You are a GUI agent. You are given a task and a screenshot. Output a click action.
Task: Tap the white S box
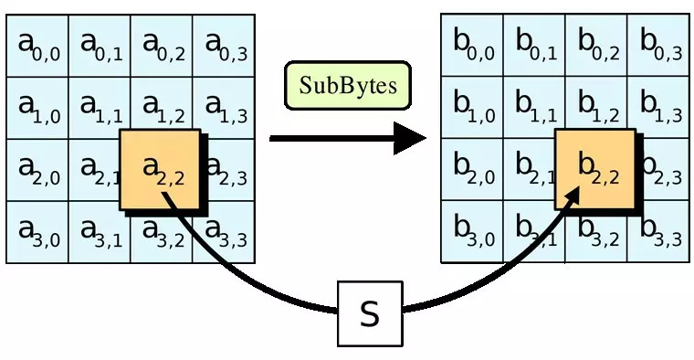pos(369,313)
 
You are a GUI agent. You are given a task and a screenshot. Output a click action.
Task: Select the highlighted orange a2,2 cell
pos(159,171)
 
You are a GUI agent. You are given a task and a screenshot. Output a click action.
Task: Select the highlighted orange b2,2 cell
pos(594,171)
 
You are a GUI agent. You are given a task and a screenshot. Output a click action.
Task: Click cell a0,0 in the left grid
pos(37,46)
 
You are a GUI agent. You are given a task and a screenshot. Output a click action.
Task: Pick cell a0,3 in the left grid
pos(225,46)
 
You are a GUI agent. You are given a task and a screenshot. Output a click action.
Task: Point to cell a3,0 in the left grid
pos(37,232)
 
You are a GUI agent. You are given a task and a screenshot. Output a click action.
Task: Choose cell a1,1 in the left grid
pos(100,108)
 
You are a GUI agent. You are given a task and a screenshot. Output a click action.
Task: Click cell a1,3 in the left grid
pos(225,108)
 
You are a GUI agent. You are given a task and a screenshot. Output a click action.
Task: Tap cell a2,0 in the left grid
pos(37,170)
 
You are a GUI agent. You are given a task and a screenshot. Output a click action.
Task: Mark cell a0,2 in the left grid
pos(163,46)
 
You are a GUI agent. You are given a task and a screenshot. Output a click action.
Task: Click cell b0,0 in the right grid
pos(472,46)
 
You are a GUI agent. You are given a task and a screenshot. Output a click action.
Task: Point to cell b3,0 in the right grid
pos(472,232)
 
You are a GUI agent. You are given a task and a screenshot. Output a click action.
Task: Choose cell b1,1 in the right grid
pos(534,108)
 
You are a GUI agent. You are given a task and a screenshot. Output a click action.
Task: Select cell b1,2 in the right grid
pos(597,108)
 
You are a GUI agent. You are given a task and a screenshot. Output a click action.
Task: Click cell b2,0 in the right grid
pos(472,170)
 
